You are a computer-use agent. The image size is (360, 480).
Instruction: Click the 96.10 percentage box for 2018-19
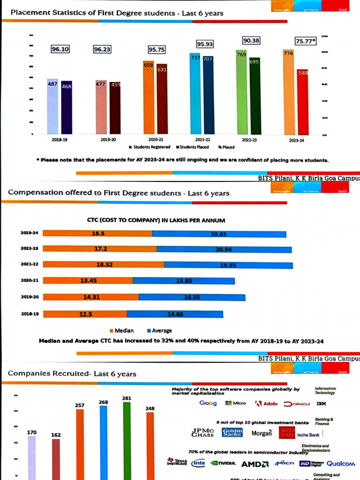tap(60, 48)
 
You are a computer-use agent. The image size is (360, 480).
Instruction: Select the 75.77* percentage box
tap(306, 41)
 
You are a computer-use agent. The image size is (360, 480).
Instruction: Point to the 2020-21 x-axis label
tap(155, 140)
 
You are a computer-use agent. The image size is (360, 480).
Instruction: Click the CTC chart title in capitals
tap(156, 220)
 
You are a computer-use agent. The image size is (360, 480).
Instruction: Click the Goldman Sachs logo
tap(232, 433)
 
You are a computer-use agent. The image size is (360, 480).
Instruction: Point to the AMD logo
tap(255, 464)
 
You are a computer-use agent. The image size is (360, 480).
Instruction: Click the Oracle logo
tap(297, 404)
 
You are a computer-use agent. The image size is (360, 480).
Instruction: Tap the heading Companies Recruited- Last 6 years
tap(72, 374)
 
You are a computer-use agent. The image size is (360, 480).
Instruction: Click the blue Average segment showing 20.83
tap(219, 234)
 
